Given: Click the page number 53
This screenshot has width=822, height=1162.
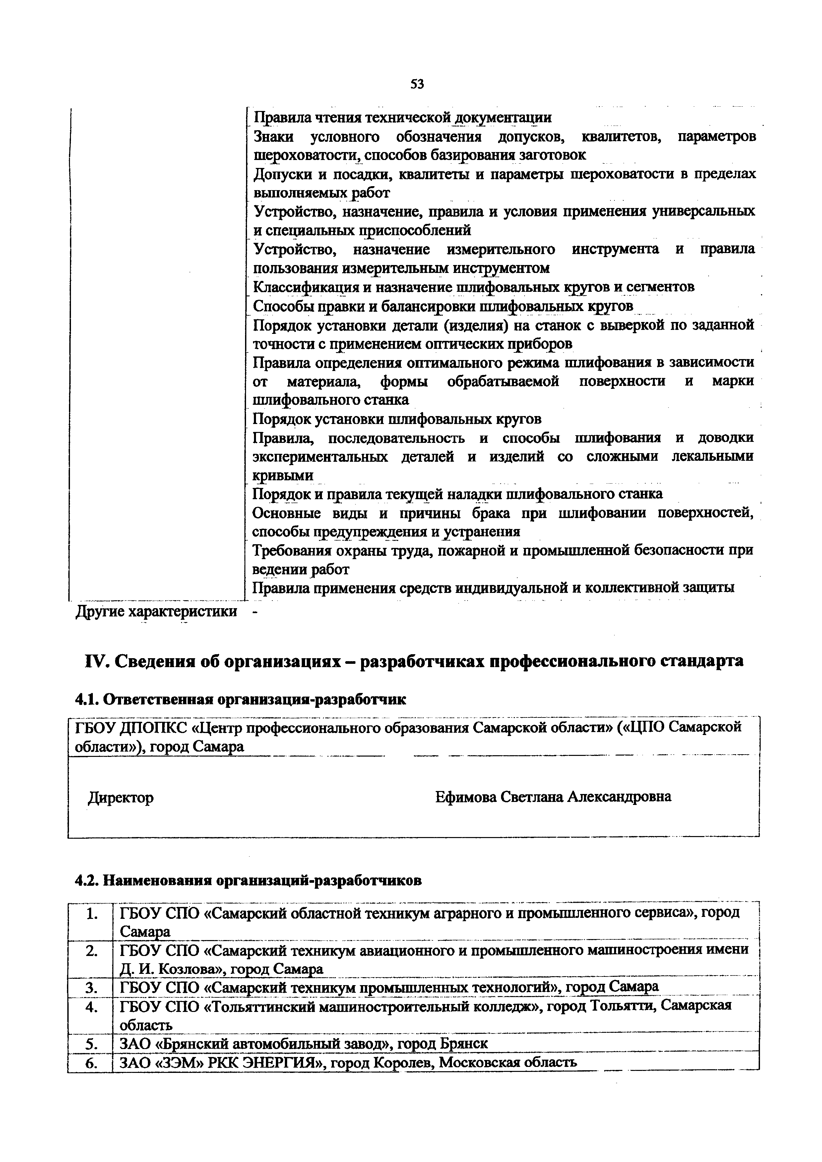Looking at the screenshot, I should [x=417, y=84].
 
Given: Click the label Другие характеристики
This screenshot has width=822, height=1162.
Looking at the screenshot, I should [x=156, y=611].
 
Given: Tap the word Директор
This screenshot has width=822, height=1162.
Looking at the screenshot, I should [x=121, y=798].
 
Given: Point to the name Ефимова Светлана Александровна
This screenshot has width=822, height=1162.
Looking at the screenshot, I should [x=553, y=797].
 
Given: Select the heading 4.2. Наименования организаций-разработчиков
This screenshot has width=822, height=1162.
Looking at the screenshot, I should [x=248, y=881].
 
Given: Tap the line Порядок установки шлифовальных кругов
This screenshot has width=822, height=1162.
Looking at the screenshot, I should [x=397, y=419].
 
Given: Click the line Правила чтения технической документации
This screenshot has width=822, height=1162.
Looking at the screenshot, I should [x=402, y=117].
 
